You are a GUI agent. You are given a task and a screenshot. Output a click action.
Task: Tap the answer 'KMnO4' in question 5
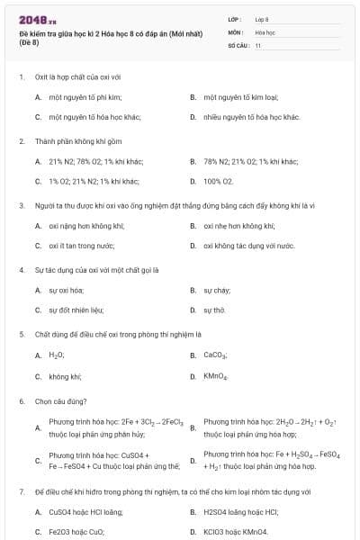pyautogui.click(x=216, y=376)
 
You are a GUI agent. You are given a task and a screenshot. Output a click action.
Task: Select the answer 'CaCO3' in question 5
pyautogui.click(x=215, y=355)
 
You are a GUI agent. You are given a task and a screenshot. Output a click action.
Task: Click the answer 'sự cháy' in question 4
pyautogui.click(x=216, y=291)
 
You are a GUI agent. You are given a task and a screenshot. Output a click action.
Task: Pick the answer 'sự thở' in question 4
pyautogui.click(x=214, y=310)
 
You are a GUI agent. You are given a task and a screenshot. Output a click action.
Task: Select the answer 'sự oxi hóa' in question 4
pyautogui.click(x=66, y=291)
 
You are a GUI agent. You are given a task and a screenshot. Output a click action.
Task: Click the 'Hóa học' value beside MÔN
pyautogui.click(x=265, y=31)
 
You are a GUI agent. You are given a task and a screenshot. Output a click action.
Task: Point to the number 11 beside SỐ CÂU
pyautogui.click(x=258, y=45)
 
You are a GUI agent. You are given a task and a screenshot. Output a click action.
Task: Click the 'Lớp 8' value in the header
pyautogui.click(x=262, y=18)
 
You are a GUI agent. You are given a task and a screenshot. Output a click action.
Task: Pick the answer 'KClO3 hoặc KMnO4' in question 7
pyautogui.click(x=236, y=532)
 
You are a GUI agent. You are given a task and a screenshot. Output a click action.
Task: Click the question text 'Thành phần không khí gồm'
pyautogui.click(x=71, y=141)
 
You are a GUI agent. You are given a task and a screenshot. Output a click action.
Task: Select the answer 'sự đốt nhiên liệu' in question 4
pyautogui.click(x=76, y=310)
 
